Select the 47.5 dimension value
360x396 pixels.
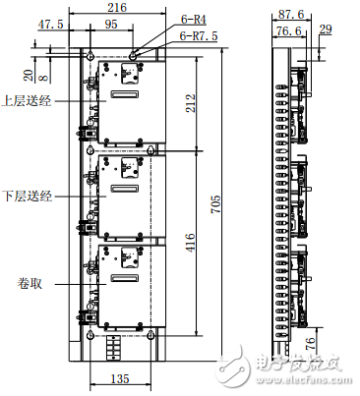(51, 23)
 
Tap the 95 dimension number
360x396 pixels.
(110, 23)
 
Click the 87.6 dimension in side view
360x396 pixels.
(287, 15)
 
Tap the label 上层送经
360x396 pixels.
(27, 100)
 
